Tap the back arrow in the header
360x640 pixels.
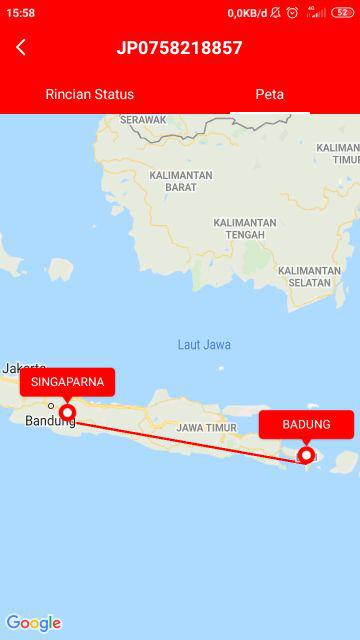click(21, 47)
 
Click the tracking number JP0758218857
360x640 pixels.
click(180, 47)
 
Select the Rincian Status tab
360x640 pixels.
click(90, 94)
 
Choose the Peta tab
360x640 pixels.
click(269, 94)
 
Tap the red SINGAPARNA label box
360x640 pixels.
click(67, 382)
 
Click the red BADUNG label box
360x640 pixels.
click(306, 424)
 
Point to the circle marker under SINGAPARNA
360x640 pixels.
click(67, 412)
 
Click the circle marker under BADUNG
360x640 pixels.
click(306, 455)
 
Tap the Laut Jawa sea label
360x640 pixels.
click(204, 344)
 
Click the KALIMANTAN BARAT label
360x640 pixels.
click(181, 181)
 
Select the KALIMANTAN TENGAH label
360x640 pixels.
click(245, 228)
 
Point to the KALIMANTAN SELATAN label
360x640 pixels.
click(309, 276)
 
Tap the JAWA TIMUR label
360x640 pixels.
click(207, 427)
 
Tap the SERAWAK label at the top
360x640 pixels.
click(143, 119)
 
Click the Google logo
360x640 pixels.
click(33, 623)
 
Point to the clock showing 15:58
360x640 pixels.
click(20, 12)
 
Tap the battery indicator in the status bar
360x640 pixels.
click(343, 12)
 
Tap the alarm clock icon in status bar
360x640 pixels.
click(292, 12)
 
